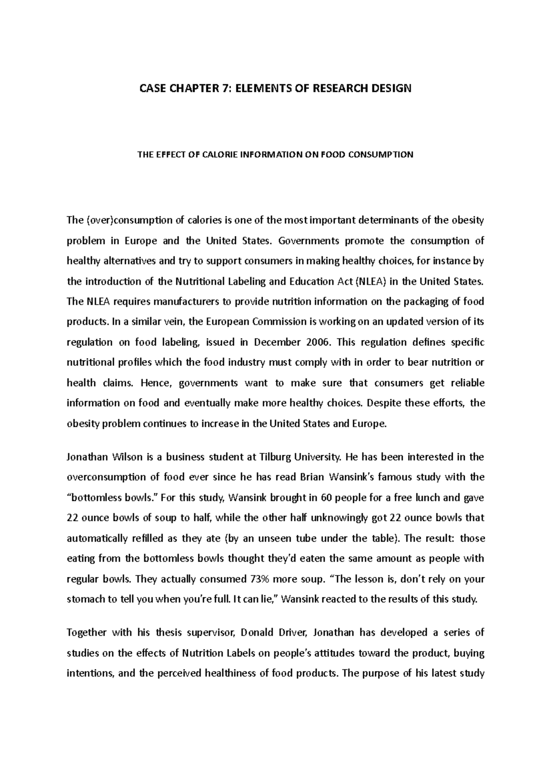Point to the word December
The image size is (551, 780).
point(275,342)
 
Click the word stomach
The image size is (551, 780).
point(85,599)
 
